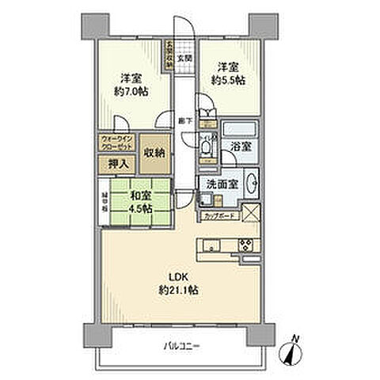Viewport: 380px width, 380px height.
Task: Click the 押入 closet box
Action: click(114, 165)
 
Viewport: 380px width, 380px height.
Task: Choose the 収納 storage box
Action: click(154, 154)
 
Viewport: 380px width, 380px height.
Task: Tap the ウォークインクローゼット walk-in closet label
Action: click(116, 143)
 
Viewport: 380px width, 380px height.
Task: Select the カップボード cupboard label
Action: click(218, 215)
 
